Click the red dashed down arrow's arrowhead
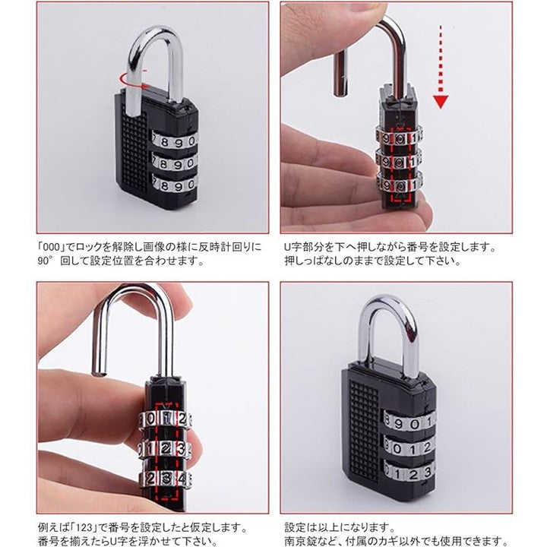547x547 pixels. (x=441, y=103)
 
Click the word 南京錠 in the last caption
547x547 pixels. (x=301, y=540)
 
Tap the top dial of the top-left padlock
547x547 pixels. (x=175, y=141)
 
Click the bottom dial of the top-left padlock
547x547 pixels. (x=175, y=184)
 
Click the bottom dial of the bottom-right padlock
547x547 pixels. (x=409, y=473)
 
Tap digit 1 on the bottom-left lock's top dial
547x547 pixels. (x=167, y=418)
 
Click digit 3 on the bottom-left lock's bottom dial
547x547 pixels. (x=166, y=478)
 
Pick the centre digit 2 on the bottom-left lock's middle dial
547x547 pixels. (x=166, y=448)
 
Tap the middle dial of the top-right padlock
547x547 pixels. (x=399, y=162)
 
